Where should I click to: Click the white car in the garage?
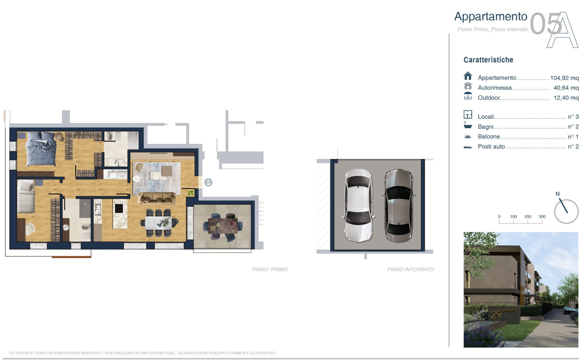[x=358, y=205]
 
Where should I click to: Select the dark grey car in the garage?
[x=399, y=205]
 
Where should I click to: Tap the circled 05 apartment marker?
[x=208, y=182]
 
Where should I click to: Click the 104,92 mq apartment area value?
[x=564, y=78]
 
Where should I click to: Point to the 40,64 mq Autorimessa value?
[x=566, y=88]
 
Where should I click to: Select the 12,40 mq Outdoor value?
[x=566, y=98]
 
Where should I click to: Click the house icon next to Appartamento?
[x=468, y=76]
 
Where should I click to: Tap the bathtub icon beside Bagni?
[x=468, y=125]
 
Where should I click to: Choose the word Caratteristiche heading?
[x=488, y=60]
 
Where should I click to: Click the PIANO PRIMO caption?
[x=270, y=269]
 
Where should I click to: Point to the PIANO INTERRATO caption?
[x=411, y=269]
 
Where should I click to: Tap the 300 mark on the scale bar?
[x=542, y=217]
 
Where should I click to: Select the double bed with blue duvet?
[x=41, y=149]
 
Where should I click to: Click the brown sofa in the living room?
[x=157, y=198]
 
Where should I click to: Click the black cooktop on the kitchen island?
[x=119, y=208]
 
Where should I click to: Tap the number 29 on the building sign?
[x=496, y=314]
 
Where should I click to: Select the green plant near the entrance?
[x=191, y=192]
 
